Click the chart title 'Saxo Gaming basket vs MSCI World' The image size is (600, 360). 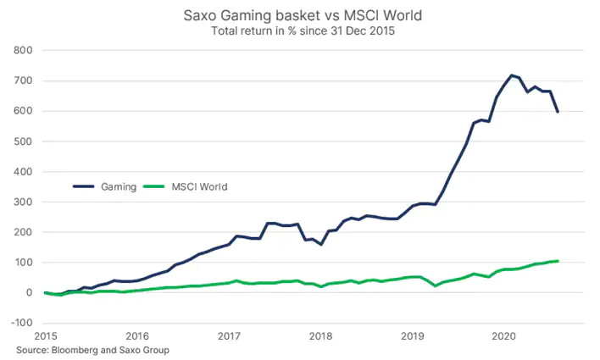(303, 16)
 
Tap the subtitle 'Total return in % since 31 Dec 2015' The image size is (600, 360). (303, 30)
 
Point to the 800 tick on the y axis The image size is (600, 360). (23, 50)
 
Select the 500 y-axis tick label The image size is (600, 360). (23, 141)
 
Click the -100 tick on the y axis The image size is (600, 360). (21, 323)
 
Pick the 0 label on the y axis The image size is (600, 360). (29, 292)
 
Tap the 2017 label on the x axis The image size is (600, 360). (229, 336)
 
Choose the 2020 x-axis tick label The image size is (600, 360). (504, 336)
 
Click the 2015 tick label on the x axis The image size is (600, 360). (46, 336)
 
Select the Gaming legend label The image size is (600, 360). (119, 186)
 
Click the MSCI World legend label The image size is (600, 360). (199, 186)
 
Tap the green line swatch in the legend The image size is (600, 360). (154, 186)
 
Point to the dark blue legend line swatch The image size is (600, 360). (83, 186)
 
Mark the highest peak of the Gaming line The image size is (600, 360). (512, 75)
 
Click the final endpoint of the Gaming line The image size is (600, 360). (558, 112)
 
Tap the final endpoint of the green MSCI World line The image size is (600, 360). (558, 261)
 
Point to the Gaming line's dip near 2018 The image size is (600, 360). (320, 245)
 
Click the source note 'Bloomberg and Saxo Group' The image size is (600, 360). (110, 350)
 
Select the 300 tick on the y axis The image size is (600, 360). (23, 202)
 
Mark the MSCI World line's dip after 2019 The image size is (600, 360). (436, 285)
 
